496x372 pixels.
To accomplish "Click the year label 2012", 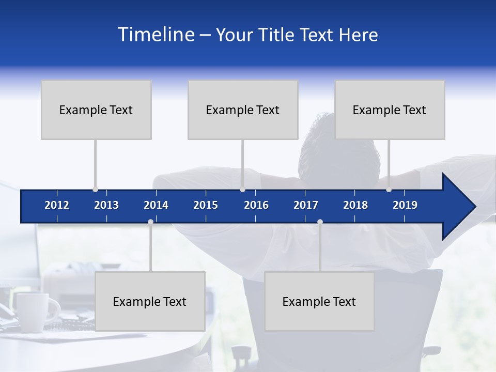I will coord(57,205).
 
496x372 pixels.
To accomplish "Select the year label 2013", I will coord(106,205).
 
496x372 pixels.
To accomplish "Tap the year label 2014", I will coord(156,205).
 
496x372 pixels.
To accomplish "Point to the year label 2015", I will coord(206,205).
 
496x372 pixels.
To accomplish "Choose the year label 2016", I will coord(256,205).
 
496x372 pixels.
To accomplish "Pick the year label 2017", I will coord(306,205).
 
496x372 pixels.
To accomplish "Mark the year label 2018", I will coord(355,205).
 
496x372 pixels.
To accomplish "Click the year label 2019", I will coord(405,205).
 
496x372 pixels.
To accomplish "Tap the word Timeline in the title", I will coord(156,35).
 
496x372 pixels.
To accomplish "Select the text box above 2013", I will coord(96,110).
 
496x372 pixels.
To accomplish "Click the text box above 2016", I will coord(243,110).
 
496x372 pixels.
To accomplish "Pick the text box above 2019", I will coord(390,110).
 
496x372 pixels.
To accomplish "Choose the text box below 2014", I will coord(150,301).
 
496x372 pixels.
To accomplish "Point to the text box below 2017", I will coord(319,301).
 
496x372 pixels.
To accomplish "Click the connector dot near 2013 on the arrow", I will coord(95,190).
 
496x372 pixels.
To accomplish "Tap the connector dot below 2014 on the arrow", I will coord(150,222).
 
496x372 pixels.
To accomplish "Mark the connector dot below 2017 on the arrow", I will coord(320,222).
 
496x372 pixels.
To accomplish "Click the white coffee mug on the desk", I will coord(32,312).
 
